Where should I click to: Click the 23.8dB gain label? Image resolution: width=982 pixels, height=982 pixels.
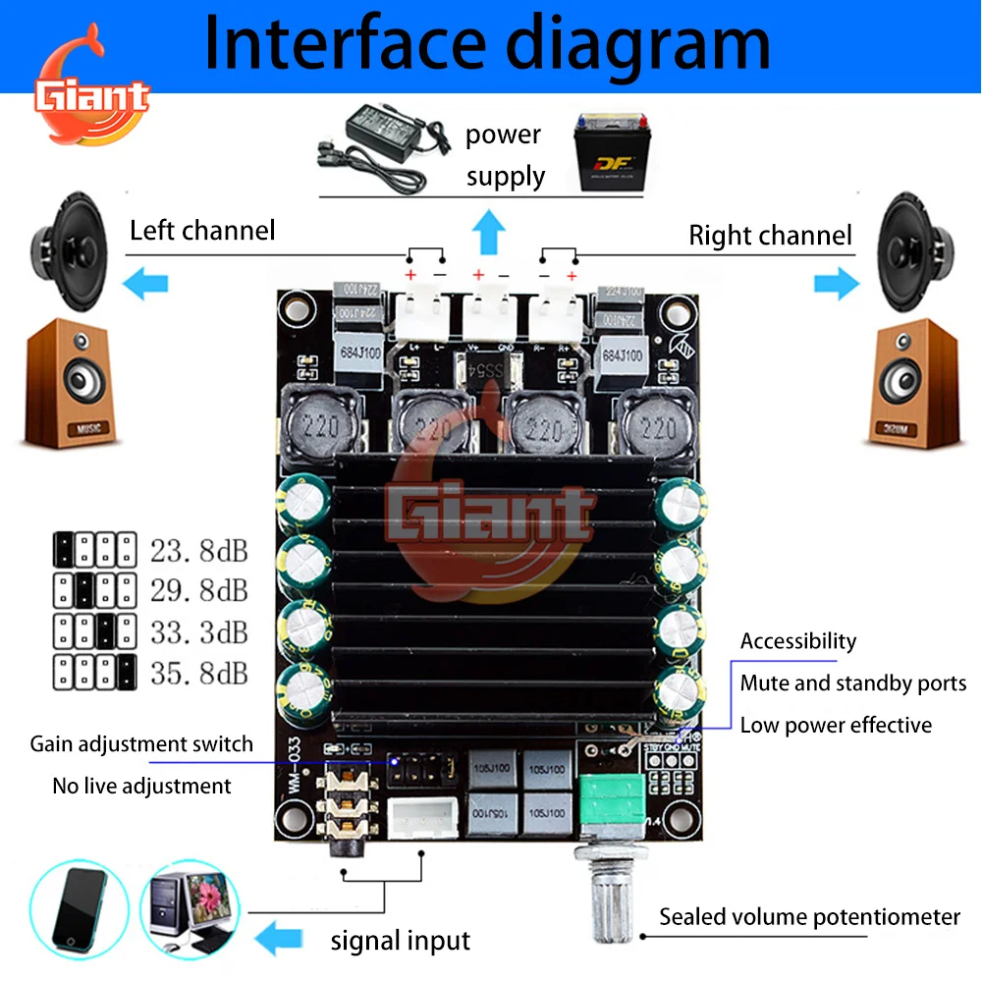199,550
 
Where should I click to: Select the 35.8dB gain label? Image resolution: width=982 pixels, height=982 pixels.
199,674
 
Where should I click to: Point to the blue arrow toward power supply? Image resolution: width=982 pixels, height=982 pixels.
488,235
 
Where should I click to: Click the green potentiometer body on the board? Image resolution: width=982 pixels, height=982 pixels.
605,801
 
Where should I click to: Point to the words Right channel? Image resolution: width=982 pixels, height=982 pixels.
770,236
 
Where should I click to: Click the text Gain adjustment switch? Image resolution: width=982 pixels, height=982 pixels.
141,744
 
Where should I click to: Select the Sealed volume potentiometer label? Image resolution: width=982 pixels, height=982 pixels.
809,917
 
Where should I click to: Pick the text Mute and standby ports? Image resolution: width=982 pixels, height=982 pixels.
852,683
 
